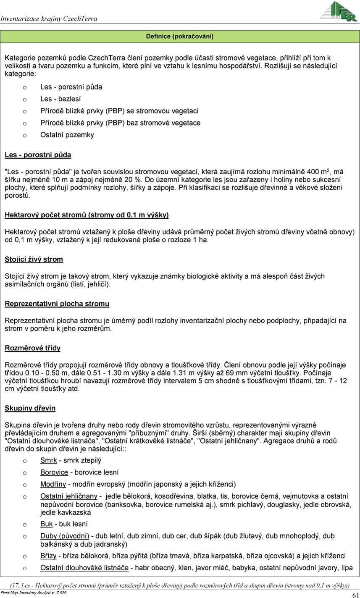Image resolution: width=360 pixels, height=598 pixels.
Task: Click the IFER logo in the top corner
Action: [x=339, y=12]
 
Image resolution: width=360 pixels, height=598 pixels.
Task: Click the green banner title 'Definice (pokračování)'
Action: [x=180, y=37]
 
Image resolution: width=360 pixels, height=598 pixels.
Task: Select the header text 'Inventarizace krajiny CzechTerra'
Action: [x=49, y=18]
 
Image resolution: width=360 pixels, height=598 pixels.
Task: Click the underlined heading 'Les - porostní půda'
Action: [x=38, y=155]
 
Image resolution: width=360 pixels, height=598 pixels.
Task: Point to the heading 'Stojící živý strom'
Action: [x=34, y=259]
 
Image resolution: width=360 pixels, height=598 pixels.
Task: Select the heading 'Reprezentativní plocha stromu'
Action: [x=57, y=304]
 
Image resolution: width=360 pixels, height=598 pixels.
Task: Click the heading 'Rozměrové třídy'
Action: [x=32, y=348]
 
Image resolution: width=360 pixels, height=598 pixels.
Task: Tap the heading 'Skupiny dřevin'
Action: [x=30, y=408]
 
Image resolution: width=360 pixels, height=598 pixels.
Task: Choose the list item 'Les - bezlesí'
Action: [x=60, y=99]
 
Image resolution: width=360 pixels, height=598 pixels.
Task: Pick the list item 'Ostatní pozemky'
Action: [x=67, y=135]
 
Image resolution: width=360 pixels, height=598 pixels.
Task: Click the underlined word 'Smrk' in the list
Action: [x=48, y=461]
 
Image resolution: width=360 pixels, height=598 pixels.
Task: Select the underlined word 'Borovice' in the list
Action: [x=54, y=472]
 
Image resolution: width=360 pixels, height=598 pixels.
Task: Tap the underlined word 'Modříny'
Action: [x=53, y=484]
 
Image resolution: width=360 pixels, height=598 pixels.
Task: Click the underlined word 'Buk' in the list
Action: [x=46, y=524]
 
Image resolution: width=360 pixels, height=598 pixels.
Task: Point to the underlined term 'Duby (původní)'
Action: [x=65, y=536]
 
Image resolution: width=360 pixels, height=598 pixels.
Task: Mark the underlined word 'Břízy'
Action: [x=48, y=556]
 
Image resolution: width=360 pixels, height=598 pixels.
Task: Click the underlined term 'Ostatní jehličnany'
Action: [x=69, y=496]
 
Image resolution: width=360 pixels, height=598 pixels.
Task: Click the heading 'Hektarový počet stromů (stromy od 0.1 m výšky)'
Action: [x=87, y=215]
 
